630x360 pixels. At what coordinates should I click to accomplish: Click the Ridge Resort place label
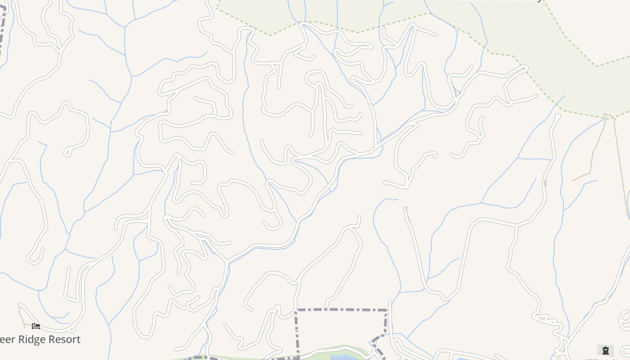pyautogui.click(x=40, y=339)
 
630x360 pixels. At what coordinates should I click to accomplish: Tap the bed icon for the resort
pyautogui.click(x=36, y=326)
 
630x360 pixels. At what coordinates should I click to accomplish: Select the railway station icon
pyautogui.click(x=605, y=350)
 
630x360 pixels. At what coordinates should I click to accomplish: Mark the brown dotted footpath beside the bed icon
pyautogui.click(x=20, y=315)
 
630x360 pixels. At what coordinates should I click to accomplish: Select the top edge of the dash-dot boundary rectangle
pyautogui.click(x=342, y=310)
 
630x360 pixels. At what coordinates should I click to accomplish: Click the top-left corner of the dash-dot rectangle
pyautogui.click(x=296, y=310)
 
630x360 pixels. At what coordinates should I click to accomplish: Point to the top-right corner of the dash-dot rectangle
pyautogui.click(x=387, y=310)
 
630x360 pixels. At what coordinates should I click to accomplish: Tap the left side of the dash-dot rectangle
pyautogui.click(x=297, y=333)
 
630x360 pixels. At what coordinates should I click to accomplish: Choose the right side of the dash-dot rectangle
pyautogui.click(x=386, y=322)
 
